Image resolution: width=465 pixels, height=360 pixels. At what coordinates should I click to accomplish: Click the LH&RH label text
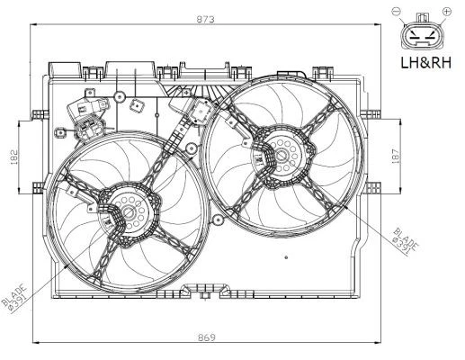(425, 63)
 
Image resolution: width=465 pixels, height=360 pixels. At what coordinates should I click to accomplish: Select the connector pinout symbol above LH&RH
(421, 34)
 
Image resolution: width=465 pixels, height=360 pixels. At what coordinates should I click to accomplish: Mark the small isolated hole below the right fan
(286, 257)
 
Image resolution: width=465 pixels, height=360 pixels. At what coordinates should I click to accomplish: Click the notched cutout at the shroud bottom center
(202, 291)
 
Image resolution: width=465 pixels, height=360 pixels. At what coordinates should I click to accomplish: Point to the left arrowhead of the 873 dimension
(34, 25)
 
